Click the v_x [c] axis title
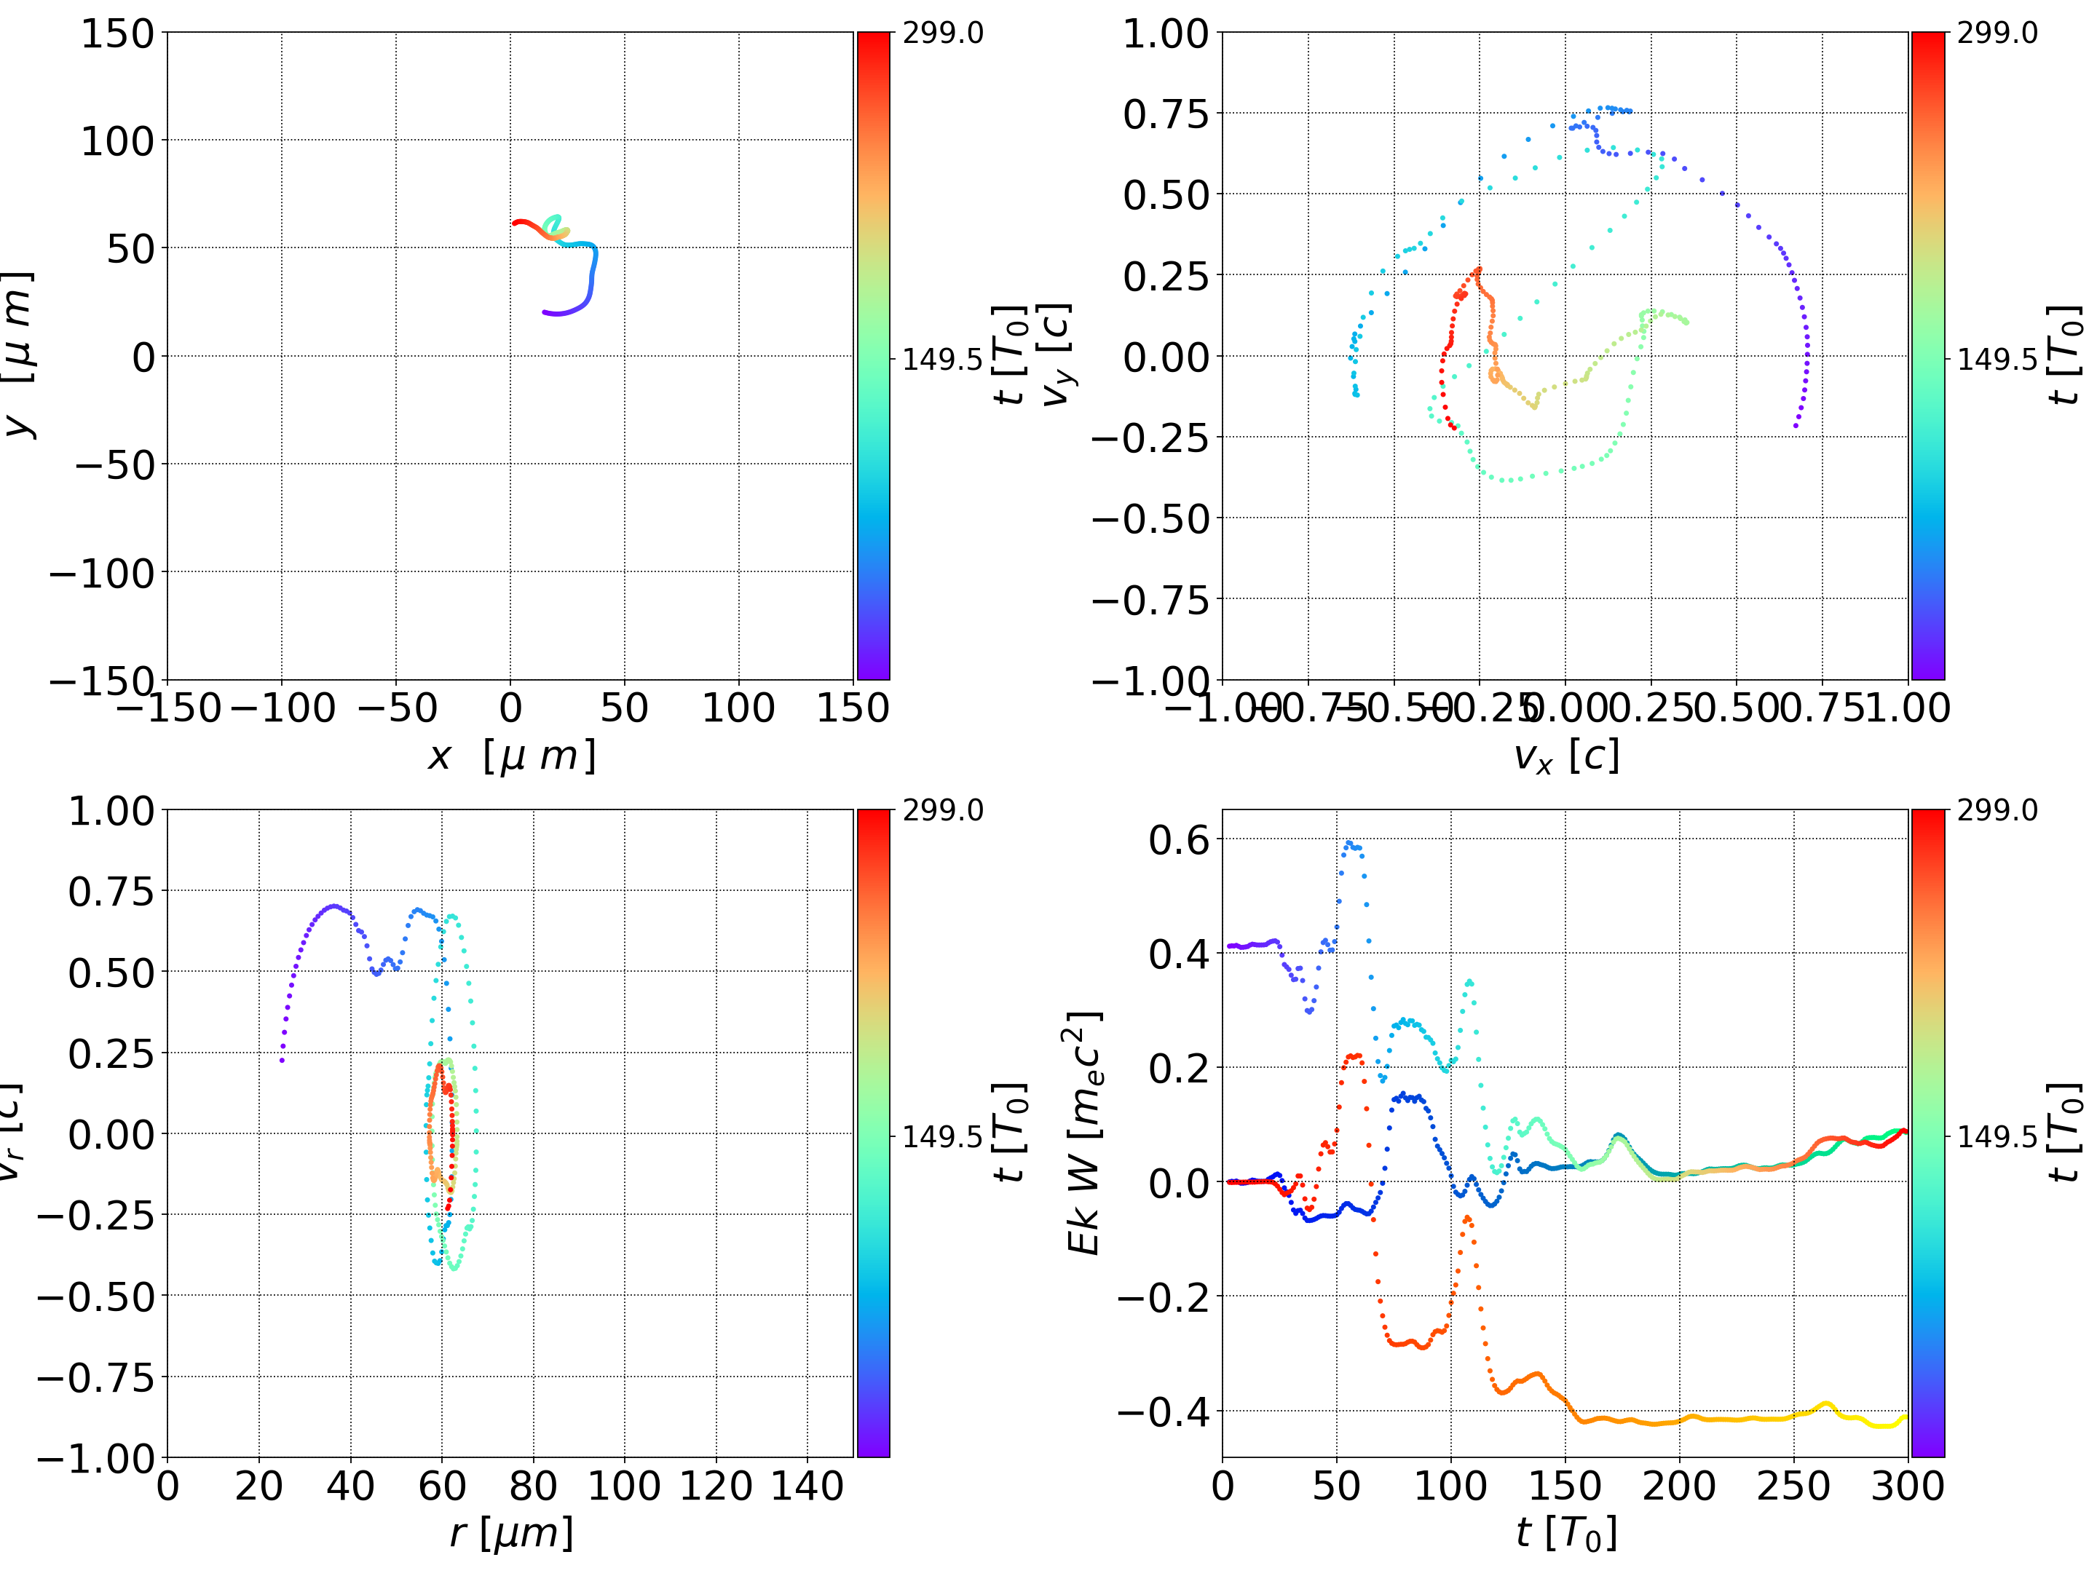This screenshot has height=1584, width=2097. pyautogui.click(x=1565, y=756)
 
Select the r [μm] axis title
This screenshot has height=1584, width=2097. pyautogui.click(x=511, y=1534)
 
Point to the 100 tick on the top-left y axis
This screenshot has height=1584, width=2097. pyautogui.click(x=116, y=141)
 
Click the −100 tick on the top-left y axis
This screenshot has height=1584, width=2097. pyautogui.click(x=101, y=574)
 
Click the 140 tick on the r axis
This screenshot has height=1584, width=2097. pyautogui.click(x=807, y=1486)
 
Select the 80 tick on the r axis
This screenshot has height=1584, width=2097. pyautogui.click(x=533, y=1486)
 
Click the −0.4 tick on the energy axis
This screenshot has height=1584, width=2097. pyautogui.click(x=1164, y=1412)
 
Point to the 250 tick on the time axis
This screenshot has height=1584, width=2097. pyautogui.click(x=1793, y=1486)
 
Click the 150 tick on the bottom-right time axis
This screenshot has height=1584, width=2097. pyautogui.click(x=1564, y=1486)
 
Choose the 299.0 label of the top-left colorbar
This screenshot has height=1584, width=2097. pyautogui.click(x=942, y=33)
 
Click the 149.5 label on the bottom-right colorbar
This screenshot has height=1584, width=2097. pyautogui.click(x=1997, y=1136)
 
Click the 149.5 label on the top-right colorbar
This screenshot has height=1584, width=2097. pyautogui.click(x=1997, y=360)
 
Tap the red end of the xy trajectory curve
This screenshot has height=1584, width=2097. pyautogui.click(x=515, y=223)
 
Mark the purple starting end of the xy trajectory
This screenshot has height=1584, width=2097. pyautogui.click(x=544, y=312)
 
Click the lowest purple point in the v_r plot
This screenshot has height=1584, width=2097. pyautogui.click(x=283, y=1060)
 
